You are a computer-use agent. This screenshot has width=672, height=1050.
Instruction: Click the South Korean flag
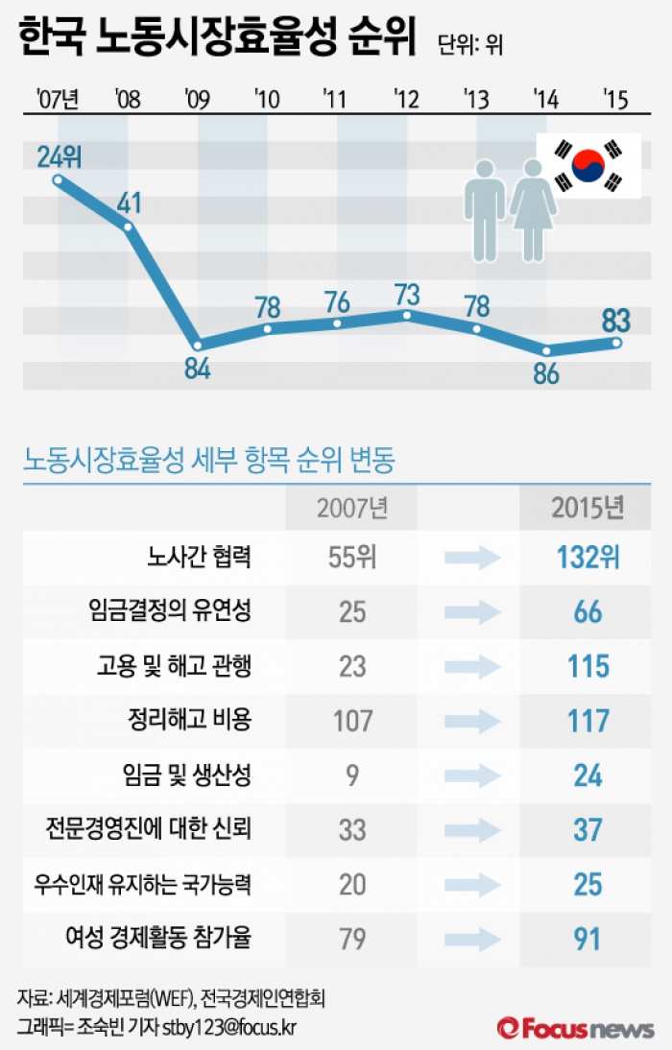coord(588,166)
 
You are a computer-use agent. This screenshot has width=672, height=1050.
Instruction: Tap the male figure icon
coord(484,208)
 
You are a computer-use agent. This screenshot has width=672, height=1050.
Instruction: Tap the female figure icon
coord(533,208)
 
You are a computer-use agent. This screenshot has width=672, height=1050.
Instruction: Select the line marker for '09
coord(198,345)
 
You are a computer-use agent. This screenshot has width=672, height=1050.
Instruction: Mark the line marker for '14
coord(546,350)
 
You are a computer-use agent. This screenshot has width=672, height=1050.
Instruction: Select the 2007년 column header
coord(352,508)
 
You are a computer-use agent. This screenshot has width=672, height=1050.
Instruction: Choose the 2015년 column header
coord(588,508)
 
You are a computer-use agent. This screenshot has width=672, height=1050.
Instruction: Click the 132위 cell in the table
coord(588,558)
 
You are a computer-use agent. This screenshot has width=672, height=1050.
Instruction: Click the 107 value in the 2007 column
coord(352,721)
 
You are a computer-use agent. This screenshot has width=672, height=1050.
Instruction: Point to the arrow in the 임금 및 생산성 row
coord(473,776)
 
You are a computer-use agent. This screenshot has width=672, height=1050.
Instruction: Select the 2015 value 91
coord(588,939)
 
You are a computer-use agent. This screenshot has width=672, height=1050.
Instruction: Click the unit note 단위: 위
coord(469,44)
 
